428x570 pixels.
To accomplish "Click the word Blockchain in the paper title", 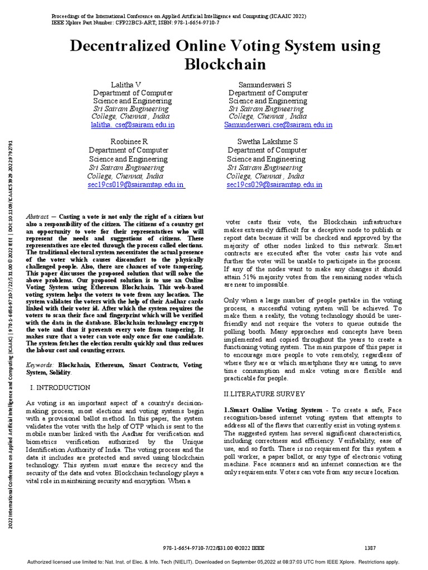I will (226, 64).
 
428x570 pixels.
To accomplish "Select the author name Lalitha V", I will (126, 84).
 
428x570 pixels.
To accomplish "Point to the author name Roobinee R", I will (129, 141).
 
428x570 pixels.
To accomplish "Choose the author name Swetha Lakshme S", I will (267, 141).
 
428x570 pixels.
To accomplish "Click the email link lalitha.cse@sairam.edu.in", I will (133, 125).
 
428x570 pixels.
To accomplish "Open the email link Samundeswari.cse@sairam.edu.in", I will (278, 125).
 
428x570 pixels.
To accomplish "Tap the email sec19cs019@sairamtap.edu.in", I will (136, 185).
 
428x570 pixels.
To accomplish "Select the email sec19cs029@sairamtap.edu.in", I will (274, 185).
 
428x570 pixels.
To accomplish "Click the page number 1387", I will (372, 548).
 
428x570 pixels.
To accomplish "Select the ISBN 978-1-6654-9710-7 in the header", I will (188, 23).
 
